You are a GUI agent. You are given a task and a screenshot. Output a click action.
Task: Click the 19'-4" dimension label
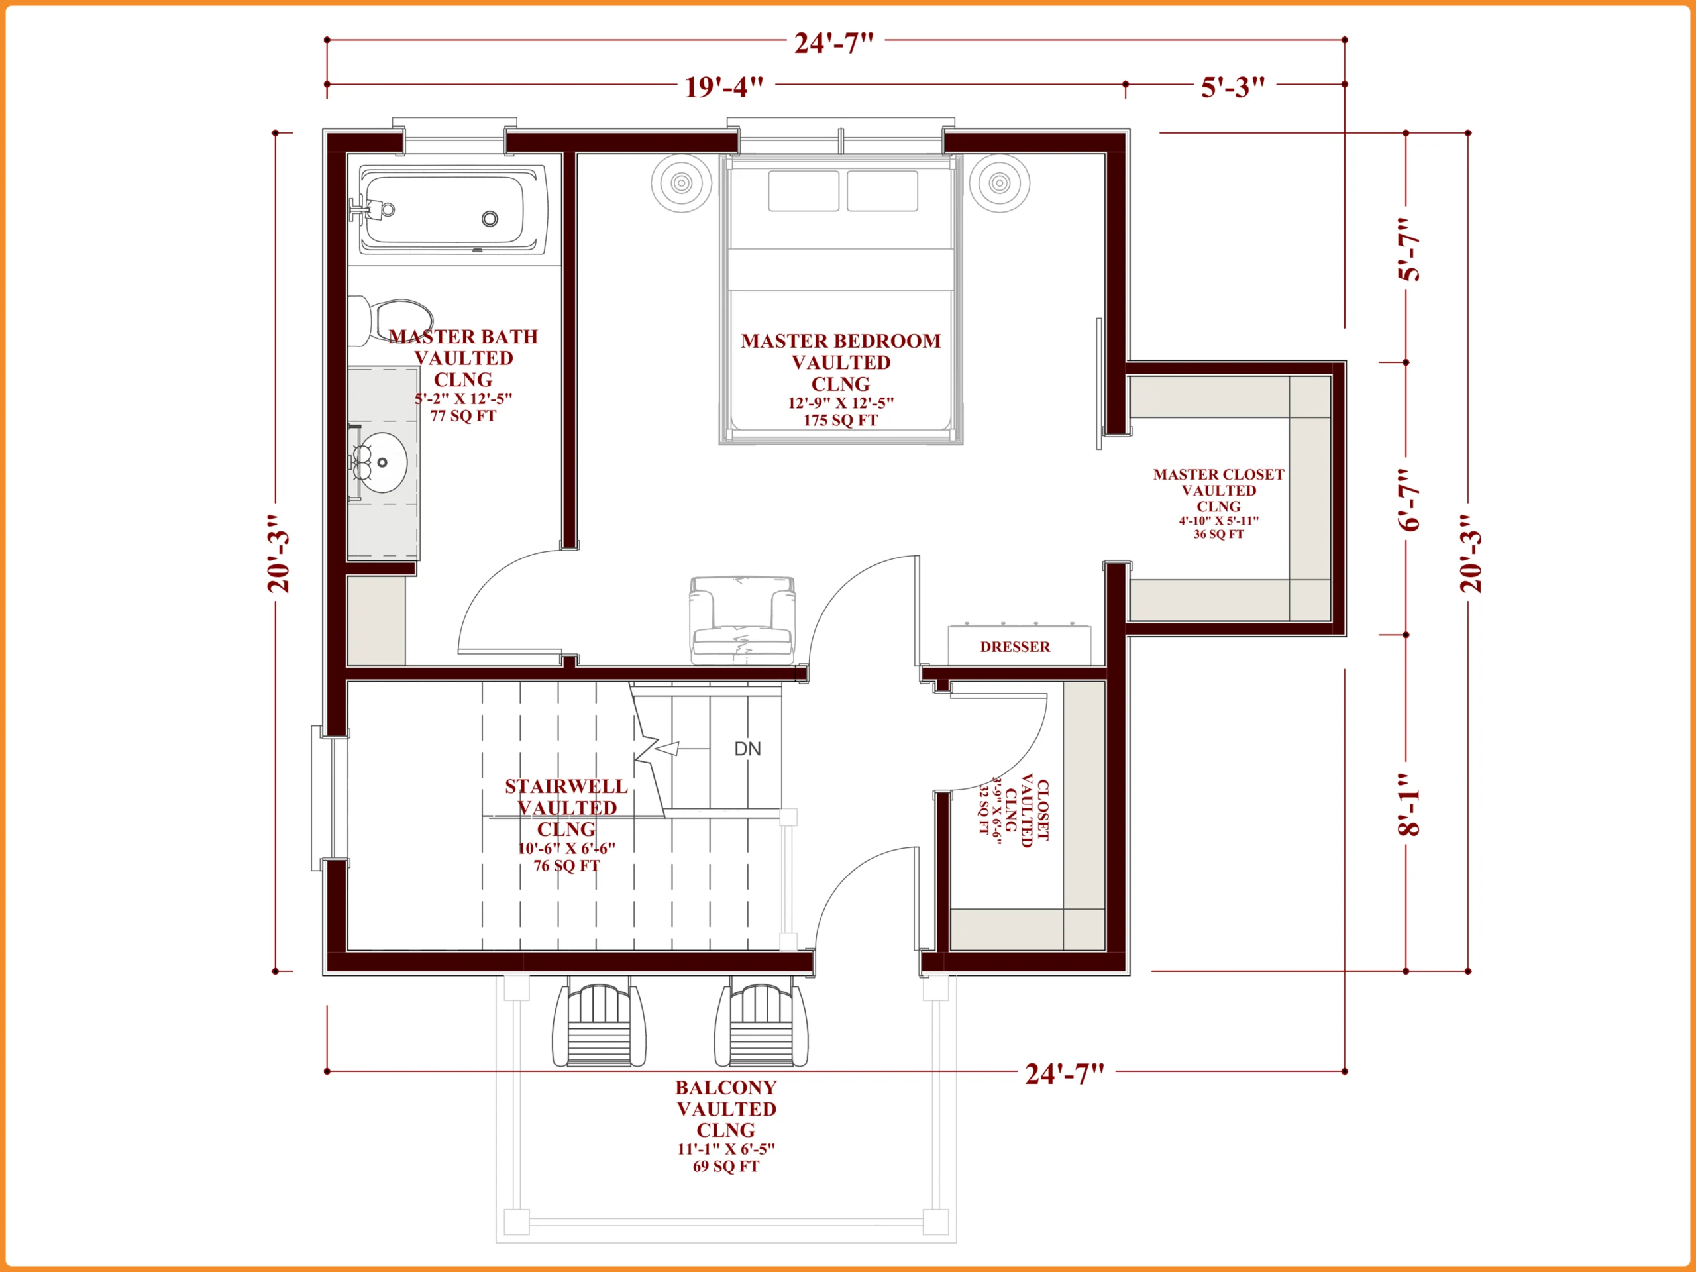(724, 87)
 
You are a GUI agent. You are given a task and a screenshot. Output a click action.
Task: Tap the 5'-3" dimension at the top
(1232, 87)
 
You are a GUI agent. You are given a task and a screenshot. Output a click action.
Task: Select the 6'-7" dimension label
(1408, 499)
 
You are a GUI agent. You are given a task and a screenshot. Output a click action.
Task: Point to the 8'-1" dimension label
(1408, 804)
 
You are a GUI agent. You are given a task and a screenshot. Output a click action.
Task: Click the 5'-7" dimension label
(1408, 249)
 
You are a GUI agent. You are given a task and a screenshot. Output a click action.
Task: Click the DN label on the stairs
(747, 749)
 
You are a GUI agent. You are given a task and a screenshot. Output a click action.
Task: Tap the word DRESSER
(1015, 647)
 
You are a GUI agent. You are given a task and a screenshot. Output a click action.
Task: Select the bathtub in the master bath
(453, 209)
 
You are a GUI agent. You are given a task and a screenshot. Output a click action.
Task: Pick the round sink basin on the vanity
(381, 462)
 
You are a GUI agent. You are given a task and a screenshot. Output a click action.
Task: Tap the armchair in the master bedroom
(741, 620)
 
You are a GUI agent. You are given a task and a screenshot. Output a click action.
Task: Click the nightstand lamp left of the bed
(682, 182)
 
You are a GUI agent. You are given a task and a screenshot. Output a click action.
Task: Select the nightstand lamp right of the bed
(999, 182)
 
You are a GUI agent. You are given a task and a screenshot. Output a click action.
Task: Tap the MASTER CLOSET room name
(1218, 474)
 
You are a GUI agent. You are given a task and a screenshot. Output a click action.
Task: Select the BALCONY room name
(726, 1087)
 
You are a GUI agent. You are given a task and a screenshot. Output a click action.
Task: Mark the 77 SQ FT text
(462, 416)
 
